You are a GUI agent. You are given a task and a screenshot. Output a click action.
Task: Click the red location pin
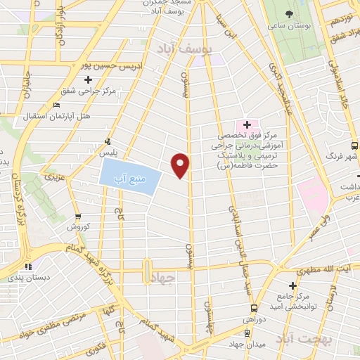pyautogui.click(x=181, y=165)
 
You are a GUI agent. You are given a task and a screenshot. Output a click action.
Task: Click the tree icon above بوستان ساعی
pyautogui.click(x=290, y=13)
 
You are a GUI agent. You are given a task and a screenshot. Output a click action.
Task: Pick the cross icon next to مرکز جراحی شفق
pyautogui.click(x=88, y=79)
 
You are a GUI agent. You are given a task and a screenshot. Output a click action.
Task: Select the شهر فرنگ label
pyautogui.click(x=345, y=155)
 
